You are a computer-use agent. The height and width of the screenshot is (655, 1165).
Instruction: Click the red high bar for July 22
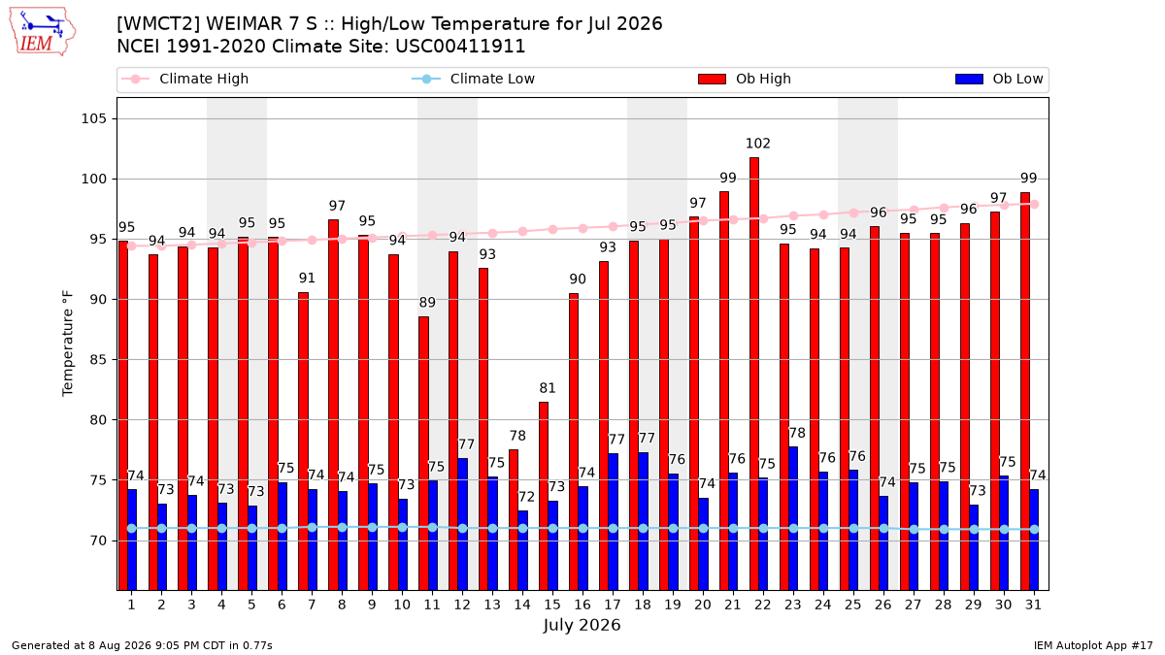coord(754,374)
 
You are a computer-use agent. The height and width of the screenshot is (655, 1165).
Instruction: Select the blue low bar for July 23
coord(793,519)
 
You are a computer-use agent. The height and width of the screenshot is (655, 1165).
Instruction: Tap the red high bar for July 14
coord(514,520)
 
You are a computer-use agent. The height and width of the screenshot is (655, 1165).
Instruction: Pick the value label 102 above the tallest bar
coord(758,144)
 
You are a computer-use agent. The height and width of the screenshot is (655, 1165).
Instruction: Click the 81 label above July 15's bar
coord(548,388)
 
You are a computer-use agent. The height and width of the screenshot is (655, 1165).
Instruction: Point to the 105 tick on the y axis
coord(93,119)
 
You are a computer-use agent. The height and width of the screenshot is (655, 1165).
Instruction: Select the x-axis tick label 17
coord(613,605)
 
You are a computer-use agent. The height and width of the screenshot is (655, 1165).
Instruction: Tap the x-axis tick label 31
coord(1033,605)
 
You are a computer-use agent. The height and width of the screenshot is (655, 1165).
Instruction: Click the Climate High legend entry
coord(184,79)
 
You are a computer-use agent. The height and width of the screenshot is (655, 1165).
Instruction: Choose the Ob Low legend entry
coord(999,79)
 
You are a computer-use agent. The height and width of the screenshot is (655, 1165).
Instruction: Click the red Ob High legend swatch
coord(712,79)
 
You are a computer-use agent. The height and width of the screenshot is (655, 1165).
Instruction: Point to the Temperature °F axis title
coord(68,344)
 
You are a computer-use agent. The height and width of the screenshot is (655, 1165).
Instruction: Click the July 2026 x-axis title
coord(582,625)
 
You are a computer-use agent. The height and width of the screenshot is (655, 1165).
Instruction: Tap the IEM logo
coord(42,32)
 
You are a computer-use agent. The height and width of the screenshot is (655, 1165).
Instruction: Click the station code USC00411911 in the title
coord(460,47)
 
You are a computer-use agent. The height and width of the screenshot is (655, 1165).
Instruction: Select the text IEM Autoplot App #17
coord(1093,645)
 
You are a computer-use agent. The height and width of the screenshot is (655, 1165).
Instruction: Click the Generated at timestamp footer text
coord(142,645)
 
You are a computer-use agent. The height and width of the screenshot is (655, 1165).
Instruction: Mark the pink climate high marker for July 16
coord(583,228)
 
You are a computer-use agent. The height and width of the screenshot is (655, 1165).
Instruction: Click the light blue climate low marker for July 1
coord(132,528)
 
